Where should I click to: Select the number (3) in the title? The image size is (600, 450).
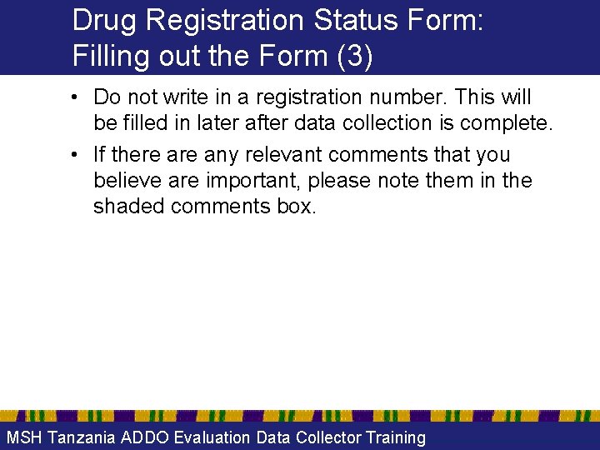354,56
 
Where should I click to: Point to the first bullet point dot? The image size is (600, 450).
76,98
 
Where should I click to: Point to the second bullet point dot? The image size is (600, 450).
76,155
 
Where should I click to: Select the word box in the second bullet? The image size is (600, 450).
297,207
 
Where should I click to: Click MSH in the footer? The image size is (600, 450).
24,437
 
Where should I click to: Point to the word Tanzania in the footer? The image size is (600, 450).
82,437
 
